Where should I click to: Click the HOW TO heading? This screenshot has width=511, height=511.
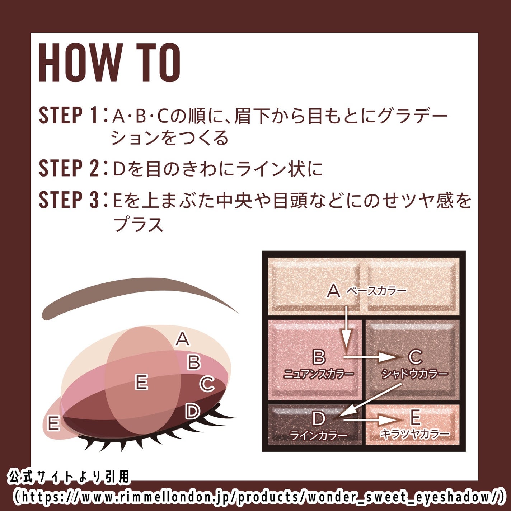coord(109,63)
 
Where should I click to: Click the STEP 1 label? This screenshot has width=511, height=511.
coord(68,116)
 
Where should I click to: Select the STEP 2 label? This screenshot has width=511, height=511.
coord(68,168)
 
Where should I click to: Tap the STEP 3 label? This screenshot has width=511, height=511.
coord(68,200)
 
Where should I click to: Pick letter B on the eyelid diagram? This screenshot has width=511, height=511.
coord(194,362)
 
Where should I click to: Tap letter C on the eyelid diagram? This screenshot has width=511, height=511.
coord(207,384)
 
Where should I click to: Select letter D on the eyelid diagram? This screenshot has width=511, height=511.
coord(192,411)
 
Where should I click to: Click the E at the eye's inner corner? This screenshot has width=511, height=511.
coord(54,424)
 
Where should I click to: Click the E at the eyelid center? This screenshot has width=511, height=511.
coord(141,382)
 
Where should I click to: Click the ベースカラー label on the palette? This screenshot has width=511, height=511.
coord(376,291)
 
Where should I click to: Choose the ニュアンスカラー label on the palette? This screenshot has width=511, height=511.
coord(319,374)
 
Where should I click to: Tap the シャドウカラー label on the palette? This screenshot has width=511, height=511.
coord(414,374)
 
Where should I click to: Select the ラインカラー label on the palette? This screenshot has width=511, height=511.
coord(319,435)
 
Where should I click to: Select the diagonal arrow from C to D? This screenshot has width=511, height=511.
coord(370,400)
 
